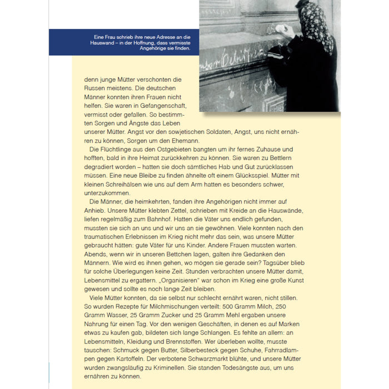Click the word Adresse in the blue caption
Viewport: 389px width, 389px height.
[166, 38]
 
